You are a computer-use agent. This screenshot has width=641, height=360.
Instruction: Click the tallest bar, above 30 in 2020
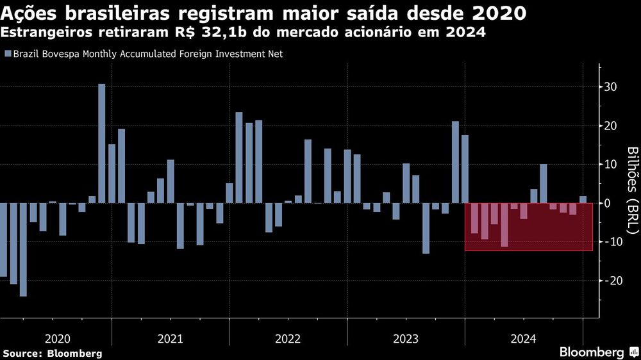point(101,143)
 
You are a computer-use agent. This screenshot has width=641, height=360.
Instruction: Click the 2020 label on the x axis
point(58,339)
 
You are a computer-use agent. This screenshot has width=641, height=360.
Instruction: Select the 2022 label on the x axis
point(288,339)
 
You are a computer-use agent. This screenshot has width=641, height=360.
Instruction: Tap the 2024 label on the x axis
point(523,339)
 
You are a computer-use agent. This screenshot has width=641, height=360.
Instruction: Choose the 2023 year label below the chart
point(406,339)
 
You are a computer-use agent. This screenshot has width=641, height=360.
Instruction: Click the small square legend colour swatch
point(8,54)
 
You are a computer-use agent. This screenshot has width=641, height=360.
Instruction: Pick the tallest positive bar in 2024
point(544,184)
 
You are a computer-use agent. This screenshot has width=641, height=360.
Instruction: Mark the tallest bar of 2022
point(239,158)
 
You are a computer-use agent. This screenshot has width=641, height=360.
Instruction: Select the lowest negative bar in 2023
point(426,228)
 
